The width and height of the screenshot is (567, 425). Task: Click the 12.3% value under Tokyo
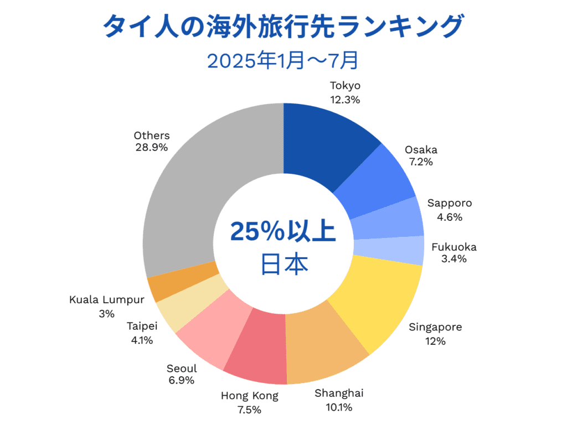click(x=345, y=100)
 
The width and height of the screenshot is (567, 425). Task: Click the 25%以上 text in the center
click(x=283, y=231)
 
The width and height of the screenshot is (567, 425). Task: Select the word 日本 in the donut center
click(x=283, y=264)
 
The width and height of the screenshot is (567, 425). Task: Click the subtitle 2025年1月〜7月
click(x=283, y=60)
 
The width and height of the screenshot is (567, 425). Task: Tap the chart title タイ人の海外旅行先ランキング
click(x=283, y=26)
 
